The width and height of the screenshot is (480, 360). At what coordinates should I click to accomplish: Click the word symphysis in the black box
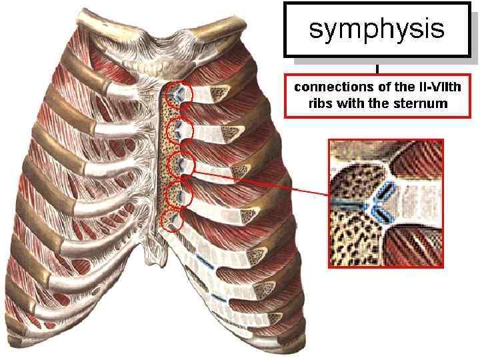[x=377, y=29]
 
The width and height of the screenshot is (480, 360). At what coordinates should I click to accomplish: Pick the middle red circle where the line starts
[x=179, y=163]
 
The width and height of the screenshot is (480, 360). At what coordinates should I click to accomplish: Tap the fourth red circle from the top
[x=179, y=193]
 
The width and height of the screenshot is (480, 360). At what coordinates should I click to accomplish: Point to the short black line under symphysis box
[x=377, y=67]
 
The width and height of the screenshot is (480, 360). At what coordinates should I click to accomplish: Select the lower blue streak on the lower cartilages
[x=218, y=296]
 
